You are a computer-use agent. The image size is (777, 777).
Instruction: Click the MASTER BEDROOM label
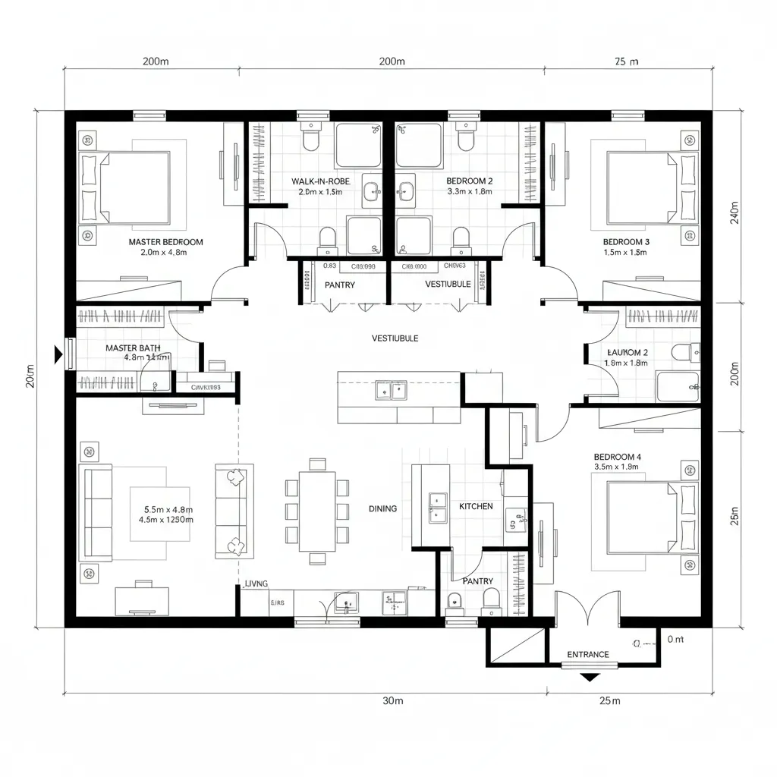click(x=165, y=242)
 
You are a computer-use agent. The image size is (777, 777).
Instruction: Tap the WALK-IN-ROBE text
click(x=317, y=181)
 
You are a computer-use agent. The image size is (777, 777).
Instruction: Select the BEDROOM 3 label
click(x=626, y=242)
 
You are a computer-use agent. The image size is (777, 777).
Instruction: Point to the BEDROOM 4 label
click(x=618, y=457)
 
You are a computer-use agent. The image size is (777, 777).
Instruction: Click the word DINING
click(x=382, y=508)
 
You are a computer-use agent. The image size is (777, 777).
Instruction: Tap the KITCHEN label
click(x=476, y=506)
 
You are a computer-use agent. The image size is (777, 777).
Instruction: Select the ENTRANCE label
click(x=588, y=654)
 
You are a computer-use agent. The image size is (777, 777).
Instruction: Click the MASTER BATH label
click(x=133, y=348)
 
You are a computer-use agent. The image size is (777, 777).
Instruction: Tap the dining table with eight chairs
click(x=317, y=511)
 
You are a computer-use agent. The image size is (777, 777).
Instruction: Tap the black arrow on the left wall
click(x=57, y=354)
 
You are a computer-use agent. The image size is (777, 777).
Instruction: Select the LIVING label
click(x=256, y=584)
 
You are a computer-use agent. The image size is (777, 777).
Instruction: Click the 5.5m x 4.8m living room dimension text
click(x=168, y=510)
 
